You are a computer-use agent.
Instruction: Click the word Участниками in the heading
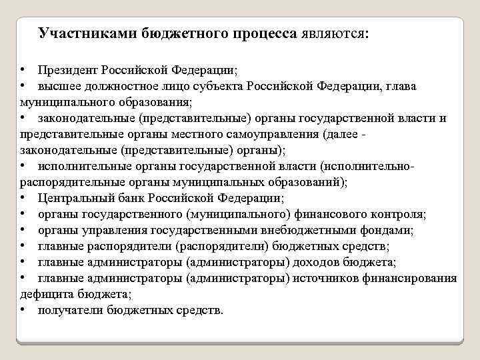tap(87, 33)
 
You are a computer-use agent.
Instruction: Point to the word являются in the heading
tap(333, 33)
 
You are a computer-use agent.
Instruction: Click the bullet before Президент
tap(23, 70)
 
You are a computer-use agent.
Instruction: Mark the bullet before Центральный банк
tap(23, 199)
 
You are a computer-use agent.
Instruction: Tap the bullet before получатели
tap(23, 311)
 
